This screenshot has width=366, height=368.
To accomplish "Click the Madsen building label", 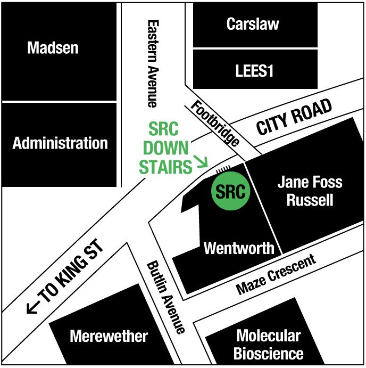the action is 53,48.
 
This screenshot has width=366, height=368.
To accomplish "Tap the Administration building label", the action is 60,143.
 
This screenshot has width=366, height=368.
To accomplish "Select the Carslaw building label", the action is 252,23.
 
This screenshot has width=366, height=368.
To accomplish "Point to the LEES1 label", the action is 254,70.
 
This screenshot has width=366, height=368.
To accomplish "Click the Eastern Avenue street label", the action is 153,63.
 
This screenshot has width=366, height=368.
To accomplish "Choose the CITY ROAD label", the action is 294,117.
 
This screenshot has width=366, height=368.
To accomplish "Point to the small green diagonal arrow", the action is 201,161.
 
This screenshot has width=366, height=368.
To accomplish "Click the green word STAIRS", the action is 165,167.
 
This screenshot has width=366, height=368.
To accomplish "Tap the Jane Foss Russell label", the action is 310,191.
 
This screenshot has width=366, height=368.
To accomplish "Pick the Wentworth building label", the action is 239,248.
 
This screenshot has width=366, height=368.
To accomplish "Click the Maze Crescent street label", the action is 276,275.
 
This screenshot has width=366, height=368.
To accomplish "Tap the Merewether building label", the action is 109,337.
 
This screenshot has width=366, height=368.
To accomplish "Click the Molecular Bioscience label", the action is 268,345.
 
